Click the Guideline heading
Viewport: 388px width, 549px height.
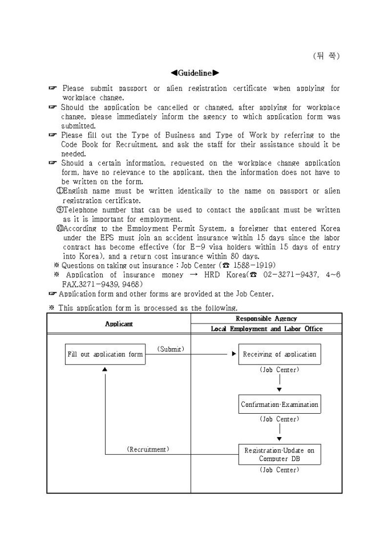click(x=195, y=73)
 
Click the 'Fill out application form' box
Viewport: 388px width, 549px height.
click(x=105, y=354)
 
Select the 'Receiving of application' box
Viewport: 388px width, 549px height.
click(x=279, y=354)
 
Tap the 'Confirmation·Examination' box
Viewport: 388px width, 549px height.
click(x=279, y=405)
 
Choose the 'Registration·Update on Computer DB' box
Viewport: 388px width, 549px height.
click(x=279, y=454)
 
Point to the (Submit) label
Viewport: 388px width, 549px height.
click(x=171, y=348)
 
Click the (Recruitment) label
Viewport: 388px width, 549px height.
click(x=148, y=449)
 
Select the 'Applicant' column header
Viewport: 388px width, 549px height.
click(x=119, y=324)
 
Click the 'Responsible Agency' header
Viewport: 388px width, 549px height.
click(x=266, y=318)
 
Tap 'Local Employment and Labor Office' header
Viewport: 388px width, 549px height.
click(x=266, y=329)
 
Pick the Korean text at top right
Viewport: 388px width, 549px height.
click(x=326, y=56)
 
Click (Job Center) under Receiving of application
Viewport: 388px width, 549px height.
click(x=279, y=370)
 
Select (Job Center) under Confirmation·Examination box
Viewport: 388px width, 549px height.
click(x=279, y=419)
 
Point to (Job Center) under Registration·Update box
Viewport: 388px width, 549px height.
click(x=279, y=470)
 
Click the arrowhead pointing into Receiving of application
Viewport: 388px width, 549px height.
click(x=234, y=354)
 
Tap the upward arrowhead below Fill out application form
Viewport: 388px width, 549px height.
click(x=105, y=369)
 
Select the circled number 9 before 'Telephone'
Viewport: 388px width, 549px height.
click(x=59, y=210)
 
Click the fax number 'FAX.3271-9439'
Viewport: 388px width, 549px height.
click(x=86, y=284)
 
